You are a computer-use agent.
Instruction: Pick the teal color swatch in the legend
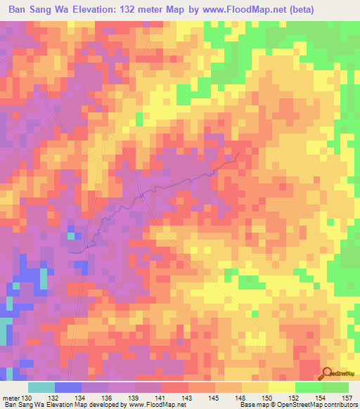(x=41, y=387)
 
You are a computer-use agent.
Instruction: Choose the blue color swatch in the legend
(x=68, y=387)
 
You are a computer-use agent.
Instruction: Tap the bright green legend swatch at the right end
(x=335, y=387)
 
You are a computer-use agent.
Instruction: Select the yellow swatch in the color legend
(x=282, y=387)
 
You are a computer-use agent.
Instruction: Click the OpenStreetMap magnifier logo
(x=327, y=375)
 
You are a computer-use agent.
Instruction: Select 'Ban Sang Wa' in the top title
(x=37, y=9)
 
